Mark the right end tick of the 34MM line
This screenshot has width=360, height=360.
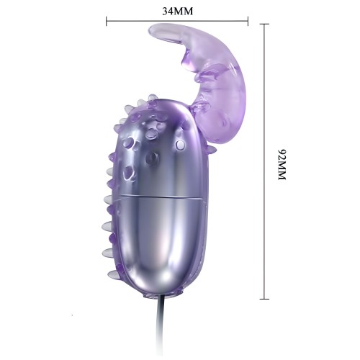pos(248,22)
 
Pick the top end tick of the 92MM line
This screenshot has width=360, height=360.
pos(264,24)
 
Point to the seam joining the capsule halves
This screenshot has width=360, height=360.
pos(155,196)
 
